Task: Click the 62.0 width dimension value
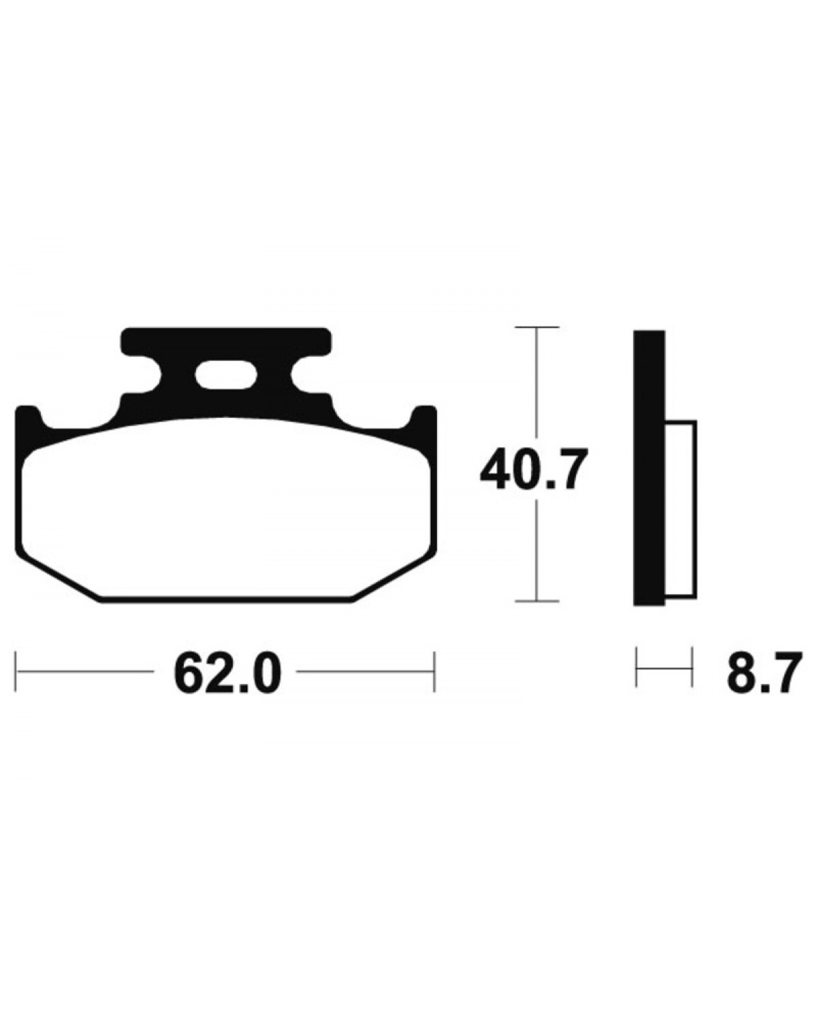[x=227, y=671]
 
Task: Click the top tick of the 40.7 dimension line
[x=536, y=327]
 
